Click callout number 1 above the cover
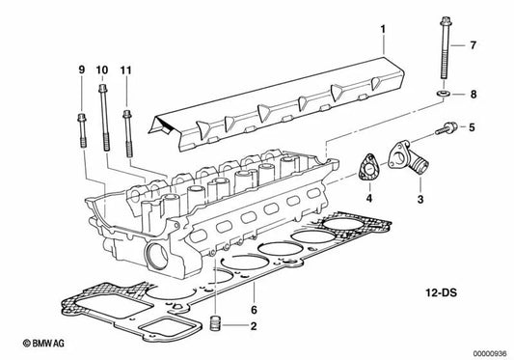(x=383, y=29)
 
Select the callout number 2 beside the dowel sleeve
(x=254, y=326)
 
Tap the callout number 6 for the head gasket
(x=254, y=310)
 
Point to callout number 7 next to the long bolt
(x=473, y=45)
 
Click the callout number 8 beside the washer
(x=473, y=95)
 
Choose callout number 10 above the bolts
(x=102, y=69)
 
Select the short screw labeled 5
(x=446, y=128)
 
